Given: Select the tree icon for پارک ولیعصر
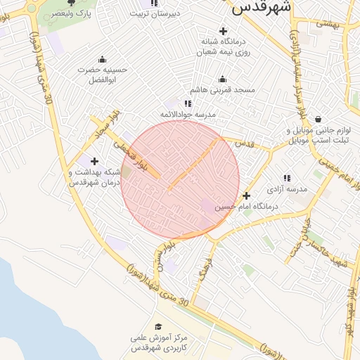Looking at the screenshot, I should (x=70, y=2).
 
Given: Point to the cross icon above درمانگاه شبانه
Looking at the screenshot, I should (x=224, y=31).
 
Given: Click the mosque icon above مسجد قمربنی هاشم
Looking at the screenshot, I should (x=223, y=79).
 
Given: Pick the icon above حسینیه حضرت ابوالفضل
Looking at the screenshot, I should (x=103, y=60).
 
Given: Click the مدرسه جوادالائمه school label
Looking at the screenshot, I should (x=188, y=114).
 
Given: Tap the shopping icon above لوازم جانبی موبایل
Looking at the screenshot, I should (x=319, y=120).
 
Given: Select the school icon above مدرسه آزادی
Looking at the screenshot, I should (x=287, y=179).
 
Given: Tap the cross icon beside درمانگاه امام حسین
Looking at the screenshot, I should (x=246, y=195).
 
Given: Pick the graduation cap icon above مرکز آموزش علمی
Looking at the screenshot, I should (x=158, y=326).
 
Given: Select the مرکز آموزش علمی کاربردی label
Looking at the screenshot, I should (x=158, y=342).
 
